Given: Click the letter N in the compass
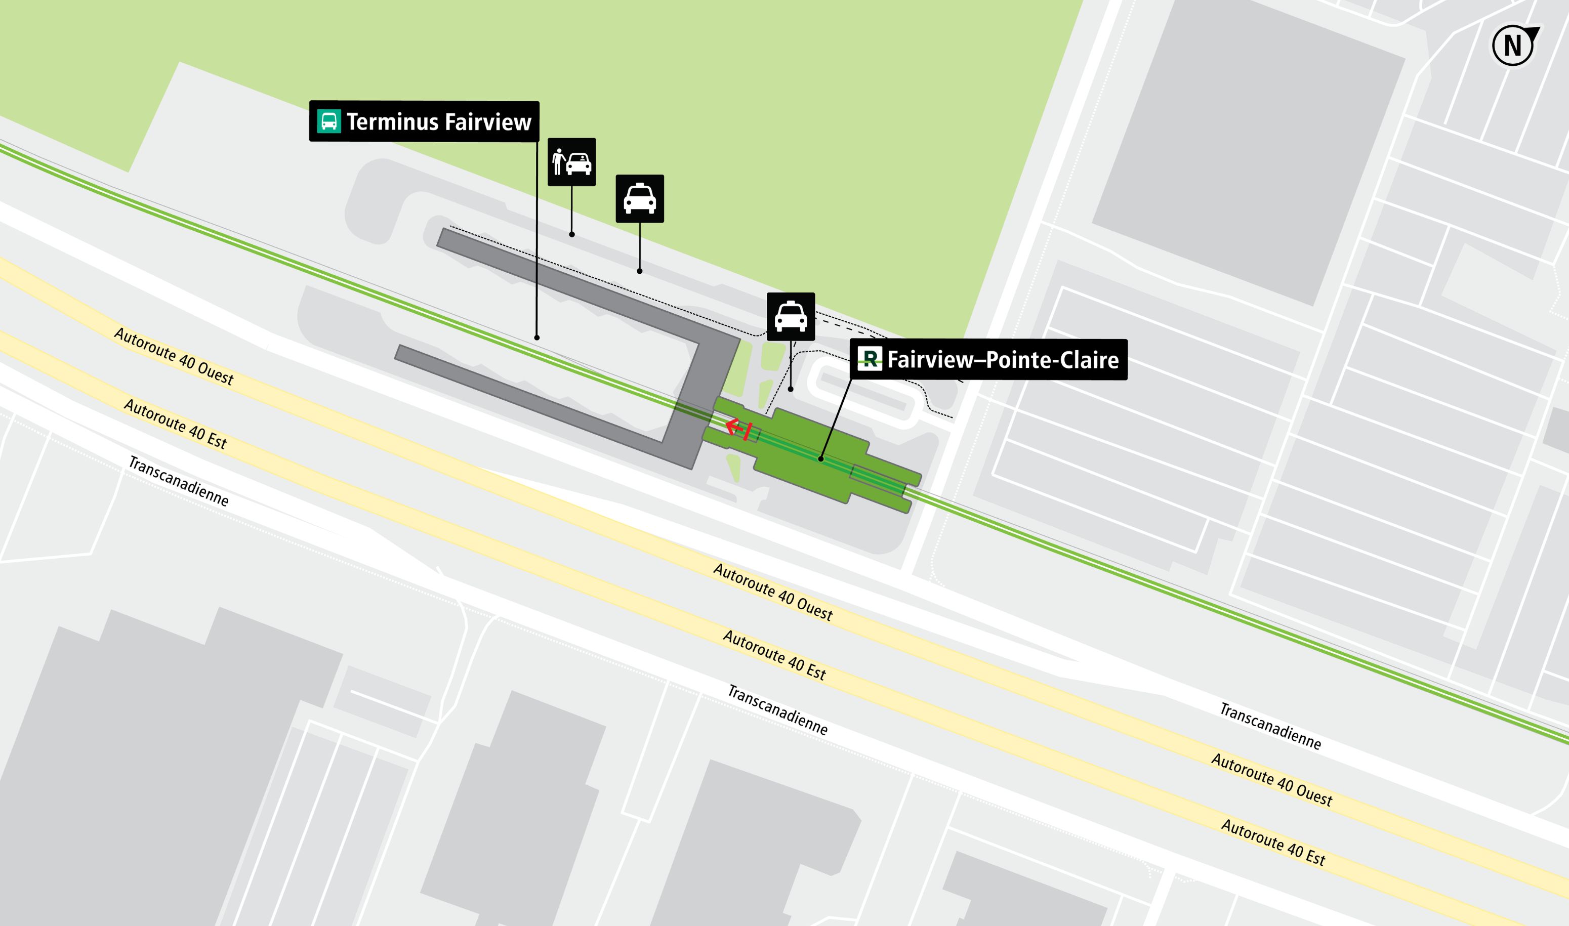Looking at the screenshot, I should point(1512,46).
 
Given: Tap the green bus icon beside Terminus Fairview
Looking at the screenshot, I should point(329,121).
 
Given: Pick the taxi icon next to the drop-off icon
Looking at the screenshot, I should point(640,198).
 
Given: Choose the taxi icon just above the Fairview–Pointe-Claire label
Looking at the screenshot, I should point(791,316).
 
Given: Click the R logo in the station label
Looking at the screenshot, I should point(870,359).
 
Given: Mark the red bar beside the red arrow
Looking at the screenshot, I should point(748,432).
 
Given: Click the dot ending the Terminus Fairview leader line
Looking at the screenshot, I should point(536,338).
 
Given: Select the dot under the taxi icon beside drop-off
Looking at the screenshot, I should point(640,271).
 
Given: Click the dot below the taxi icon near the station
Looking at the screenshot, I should point(791,389).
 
